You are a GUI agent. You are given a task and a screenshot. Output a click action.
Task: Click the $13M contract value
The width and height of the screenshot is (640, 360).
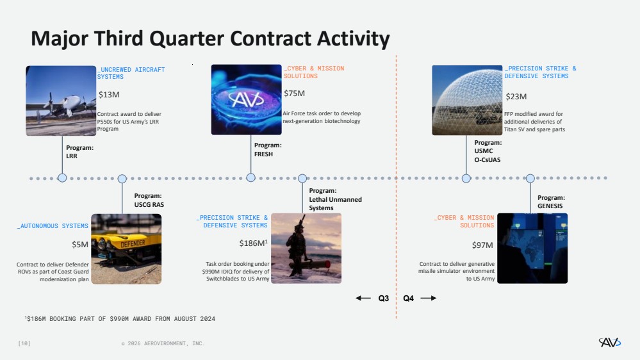tap(109, 95)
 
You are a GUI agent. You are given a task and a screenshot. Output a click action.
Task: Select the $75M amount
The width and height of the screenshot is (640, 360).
tap(294, 94)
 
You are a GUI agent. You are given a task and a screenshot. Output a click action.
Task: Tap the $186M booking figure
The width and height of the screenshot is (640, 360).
tap(254, 243)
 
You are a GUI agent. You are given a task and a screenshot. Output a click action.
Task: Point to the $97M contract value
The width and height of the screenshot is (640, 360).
tap(482, 245)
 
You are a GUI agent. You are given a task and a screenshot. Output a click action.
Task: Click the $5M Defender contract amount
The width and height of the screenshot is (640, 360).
tap(80, 245)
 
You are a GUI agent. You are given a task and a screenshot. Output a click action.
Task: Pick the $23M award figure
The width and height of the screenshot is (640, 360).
tap(516, 97)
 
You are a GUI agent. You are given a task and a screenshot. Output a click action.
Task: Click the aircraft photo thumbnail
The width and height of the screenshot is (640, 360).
tap(61, 101)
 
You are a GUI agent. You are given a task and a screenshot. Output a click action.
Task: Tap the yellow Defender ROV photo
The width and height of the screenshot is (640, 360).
tap(126, 249)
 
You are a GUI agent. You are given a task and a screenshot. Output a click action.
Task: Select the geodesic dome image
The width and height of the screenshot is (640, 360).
tap(467, 101)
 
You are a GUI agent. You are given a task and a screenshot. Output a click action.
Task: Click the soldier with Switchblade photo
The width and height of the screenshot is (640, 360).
tap(306, 248)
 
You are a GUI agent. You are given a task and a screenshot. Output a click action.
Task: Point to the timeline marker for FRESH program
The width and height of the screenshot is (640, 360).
tap(250, 177)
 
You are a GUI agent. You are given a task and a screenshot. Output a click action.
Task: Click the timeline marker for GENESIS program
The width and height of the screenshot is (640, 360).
tap(530, 178)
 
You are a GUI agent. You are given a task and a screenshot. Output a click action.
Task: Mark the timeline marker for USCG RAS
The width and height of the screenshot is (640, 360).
tap(122, 179)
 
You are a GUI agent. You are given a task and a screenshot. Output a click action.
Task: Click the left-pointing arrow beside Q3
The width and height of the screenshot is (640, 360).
tap(363, 298)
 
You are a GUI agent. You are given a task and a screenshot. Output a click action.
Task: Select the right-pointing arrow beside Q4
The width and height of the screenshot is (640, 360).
tap(429, 298)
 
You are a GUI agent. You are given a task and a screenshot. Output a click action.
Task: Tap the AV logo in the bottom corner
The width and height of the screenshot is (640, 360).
tap(610, 342)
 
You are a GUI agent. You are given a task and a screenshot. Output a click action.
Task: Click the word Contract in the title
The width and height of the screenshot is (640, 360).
tap(270, 39)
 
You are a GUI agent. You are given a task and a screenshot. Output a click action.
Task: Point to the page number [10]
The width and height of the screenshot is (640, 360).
tap(24, 343)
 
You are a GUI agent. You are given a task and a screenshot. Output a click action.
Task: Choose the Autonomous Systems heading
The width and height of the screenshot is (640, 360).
tap(53, 225)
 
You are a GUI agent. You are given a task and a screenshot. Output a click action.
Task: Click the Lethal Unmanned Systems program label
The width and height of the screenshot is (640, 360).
tap(335, 199)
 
